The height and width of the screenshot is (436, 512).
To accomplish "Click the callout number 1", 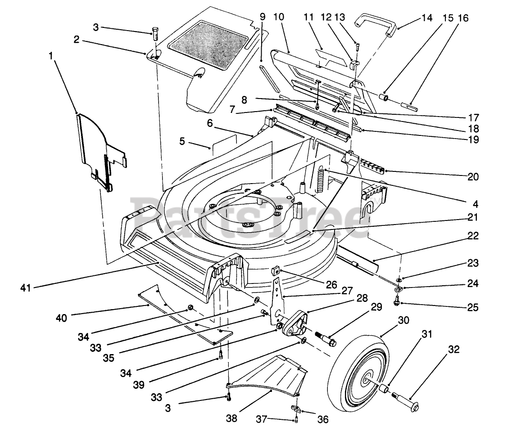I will point(51,57).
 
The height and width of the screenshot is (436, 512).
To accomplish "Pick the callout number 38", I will point(231,418).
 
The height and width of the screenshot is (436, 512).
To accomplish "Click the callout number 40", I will point(61,318).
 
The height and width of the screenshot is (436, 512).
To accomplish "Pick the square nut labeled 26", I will point(274,271).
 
